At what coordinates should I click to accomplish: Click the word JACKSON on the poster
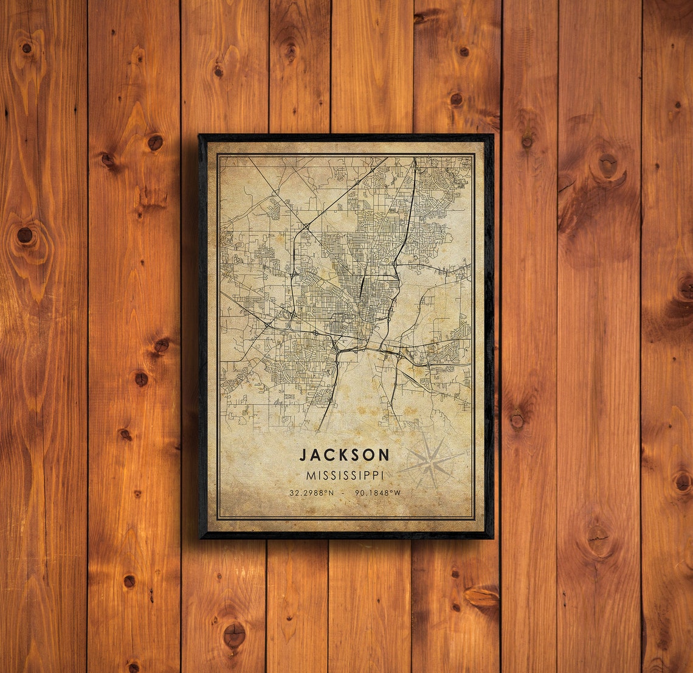pyautogui.click(x=344, y=455)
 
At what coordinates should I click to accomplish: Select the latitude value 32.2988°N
pyautogui.click(x=311, y=493)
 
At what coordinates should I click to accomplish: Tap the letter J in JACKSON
pyautogui.click(x=303, y=455)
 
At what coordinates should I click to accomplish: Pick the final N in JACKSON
pyautogui.click(x=384, y=455)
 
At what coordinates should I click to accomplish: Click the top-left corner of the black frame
pyautogui.click(x=200, y=136)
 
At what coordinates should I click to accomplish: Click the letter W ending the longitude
pyautogui.click(x=398, y=493)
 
